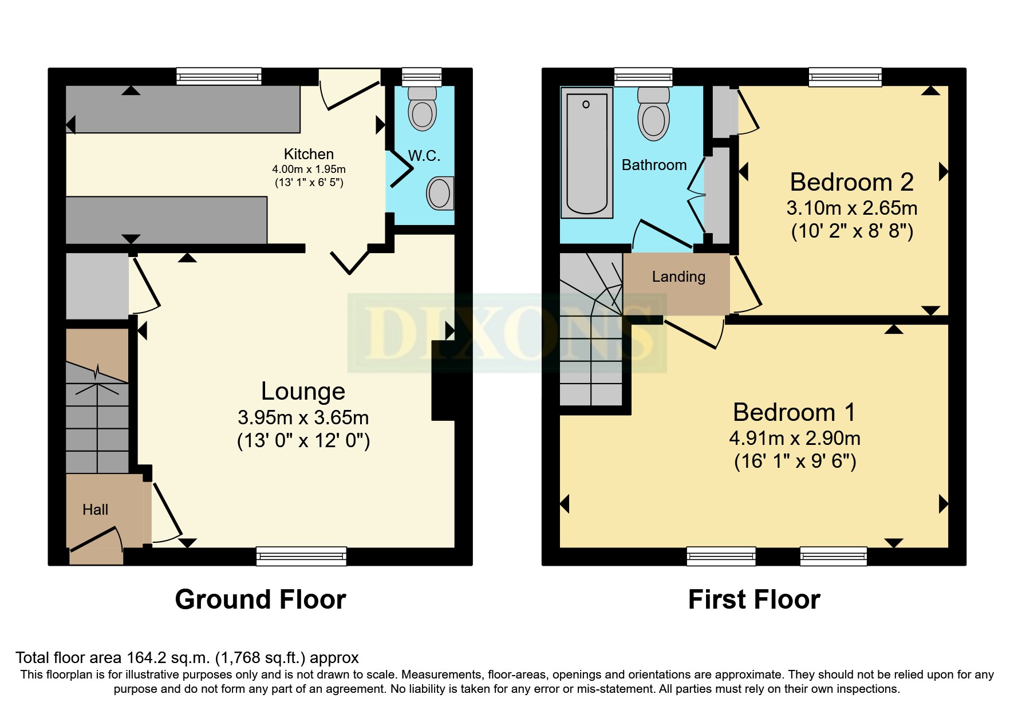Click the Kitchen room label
pyautogui.click(x=309, y=154)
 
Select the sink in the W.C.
pyautogui.click(x=440, y=193)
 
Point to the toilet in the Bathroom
pyautogui.click(x=653, y=115)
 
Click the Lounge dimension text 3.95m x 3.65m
pyautogui.click(x=303, y=417)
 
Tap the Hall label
pyautogui.click(x=95, y=510)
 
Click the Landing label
pyautogui.click(x=678, y=277)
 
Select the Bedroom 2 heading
pyautogui.click(x=851, y=182)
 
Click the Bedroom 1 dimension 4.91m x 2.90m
pyautogui.click(x=794, y=438)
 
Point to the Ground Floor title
pyautogui.click(x=261, y=599)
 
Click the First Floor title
pyautogui.click(x=754, y=599)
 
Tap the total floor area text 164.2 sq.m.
pyautogui.click(x=187, y=658)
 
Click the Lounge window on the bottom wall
pyautogui.click(x=301, y=556)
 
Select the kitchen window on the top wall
pyautogui.click(x=219, y=76)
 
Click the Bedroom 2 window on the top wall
pyautogui.click(x=845, y=76)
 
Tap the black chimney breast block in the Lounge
pyautogui.click(x=443, y=381)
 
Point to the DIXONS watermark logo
pyautogui.click(x=507, y=332)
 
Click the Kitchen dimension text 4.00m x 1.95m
pyautogui.click(x=309, y=169)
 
